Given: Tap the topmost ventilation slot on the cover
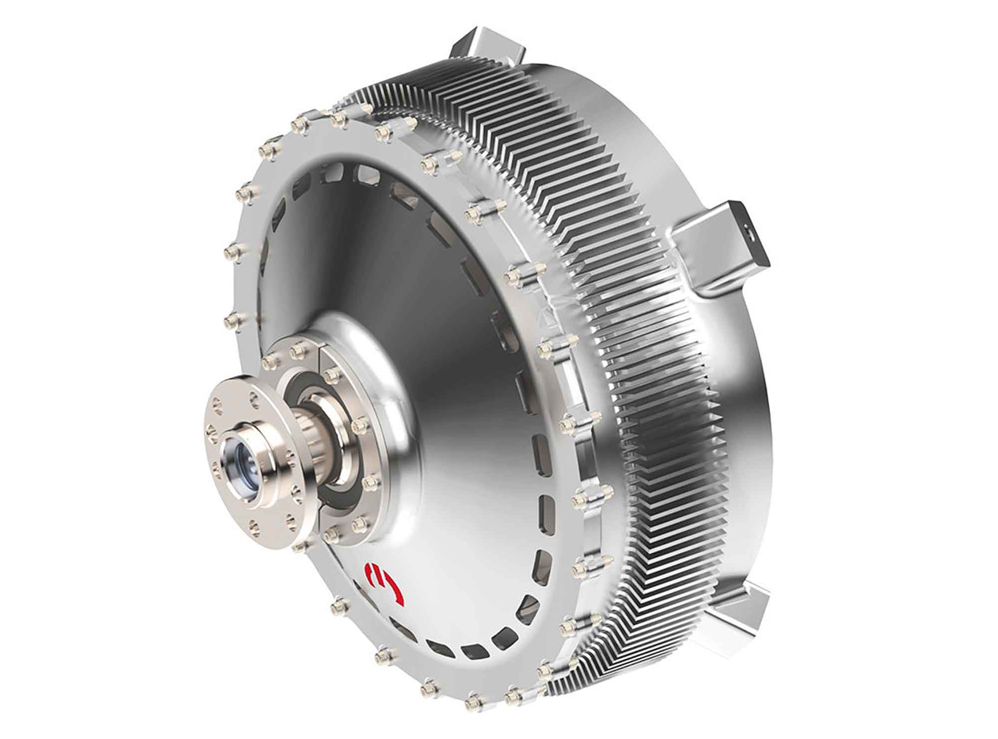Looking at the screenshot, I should pos(367,175).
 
